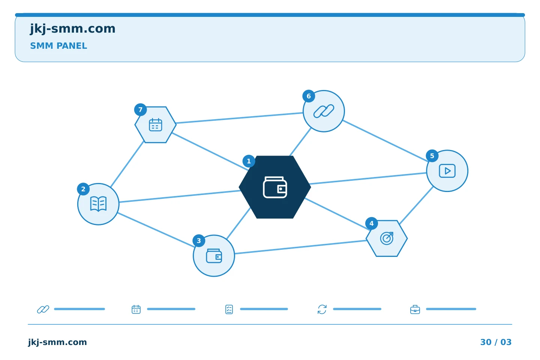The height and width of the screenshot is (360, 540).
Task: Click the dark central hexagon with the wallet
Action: coord(275,187)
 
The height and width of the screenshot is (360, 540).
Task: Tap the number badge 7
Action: coord(140,110)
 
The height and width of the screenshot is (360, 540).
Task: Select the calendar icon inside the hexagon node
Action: coord(156,124)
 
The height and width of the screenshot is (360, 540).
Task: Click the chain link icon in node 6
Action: coord(324,111)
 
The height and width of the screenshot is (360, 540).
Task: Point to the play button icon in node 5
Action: coord(447,171)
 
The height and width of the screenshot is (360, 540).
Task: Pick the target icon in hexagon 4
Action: coord(387,238)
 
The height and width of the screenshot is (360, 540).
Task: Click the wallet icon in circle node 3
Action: coord(214,256)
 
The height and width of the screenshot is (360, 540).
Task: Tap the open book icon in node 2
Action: coord(98,204)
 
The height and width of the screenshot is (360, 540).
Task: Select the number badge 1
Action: coord(249,161)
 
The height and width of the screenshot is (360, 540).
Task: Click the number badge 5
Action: coord(432,156)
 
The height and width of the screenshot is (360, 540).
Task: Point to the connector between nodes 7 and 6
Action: coord(240,118)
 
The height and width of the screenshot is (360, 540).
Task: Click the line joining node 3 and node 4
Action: coord(300,247)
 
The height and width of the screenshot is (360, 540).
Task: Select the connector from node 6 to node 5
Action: coord(385,141)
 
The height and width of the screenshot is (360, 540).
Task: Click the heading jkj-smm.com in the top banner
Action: coord(73,29)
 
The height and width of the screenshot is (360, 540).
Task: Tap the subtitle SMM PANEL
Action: coord(58,46)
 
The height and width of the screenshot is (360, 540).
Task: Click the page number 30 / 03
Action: coord(496,342)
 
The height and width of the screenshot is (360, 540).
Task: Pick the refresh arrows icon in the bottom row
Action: coord(322,309)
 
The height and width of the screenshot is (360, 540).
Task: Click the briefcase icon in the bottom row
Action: coord(415,309)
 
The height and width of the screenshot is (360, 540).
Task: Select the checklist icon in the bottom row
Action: coord(229,309)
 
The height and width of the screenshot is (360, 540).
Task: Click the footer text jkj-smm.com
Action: coord(57,342)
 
